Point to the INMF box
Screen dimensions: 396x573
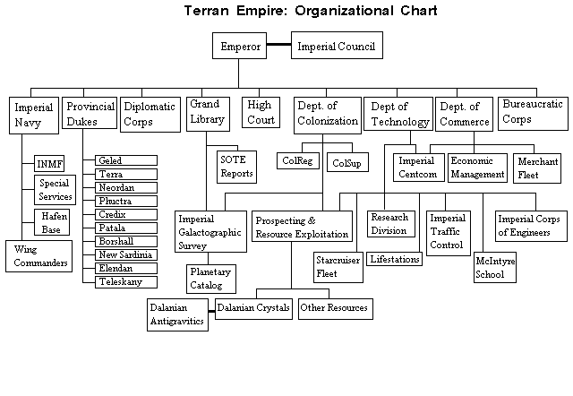(x=49, y=164)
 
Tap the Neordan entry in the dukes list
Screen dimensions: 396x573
(x=126, y=188)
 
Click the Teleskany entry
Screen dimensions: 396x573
(x=126, y=280)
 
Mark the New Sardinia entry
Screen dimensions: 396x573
(x=126, y=254)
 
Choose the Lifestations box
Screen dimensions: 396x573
(x=395, y=258)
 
